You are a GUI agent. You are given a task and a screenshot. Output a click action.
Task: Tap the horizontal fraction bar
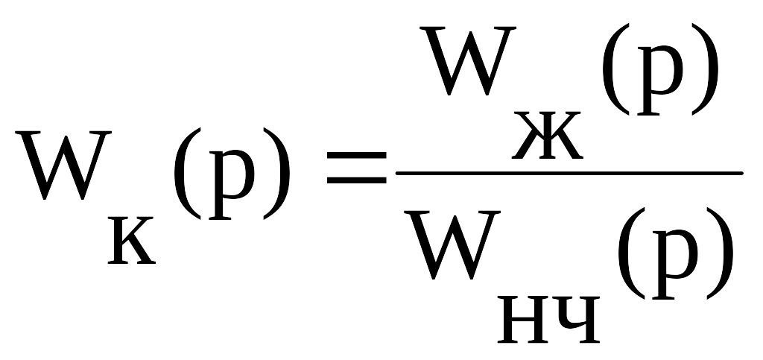pyautogui.click(x=569, y=173)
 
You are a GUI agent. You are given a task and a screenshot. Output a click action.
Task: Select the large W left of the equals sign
pyautogui.click(x=63, y=165)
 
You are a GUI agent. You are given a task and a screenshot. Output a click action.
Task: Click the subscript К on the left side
pyautogui.click(x=132, y=241)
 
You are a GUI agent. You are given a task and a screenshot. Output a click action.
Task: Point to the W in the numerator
pyautogui.click(x=468, y=60)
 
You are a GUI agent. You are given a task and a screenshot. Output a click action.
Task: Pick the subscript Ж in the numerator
pyautogui.click(x=548, y=135)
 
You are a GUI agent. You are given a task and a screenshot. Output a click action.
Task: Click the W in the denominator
pyautogui.click(x=452, y=244)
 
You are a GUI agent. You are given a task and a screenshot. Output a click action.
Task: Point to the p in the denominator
pyautogui.click(x=675, y=262)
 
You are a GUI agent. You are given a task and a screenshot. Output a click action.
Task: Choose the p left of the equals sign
pyautogui.click(x=232, y=184)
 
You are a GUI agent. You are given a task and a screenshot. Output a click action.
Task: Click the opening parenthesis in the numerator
pyautogui.click(x=615, y=69)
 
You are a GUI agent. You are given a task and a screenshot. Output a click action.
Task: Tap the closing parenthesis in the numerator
pyautogui.click(x=706, y=69)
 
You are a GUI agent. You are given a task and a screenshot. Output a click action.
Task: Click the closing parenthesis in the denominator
pyautogui.click(x=721, y=253)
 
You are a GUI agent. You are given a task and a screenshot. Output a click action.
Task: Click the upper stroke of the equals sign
pyautogui.click(x=357, y=156)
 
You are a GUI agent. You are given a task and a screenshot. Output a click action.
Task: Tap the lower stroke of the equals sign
pyautogui.click(x=357, y=180)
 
